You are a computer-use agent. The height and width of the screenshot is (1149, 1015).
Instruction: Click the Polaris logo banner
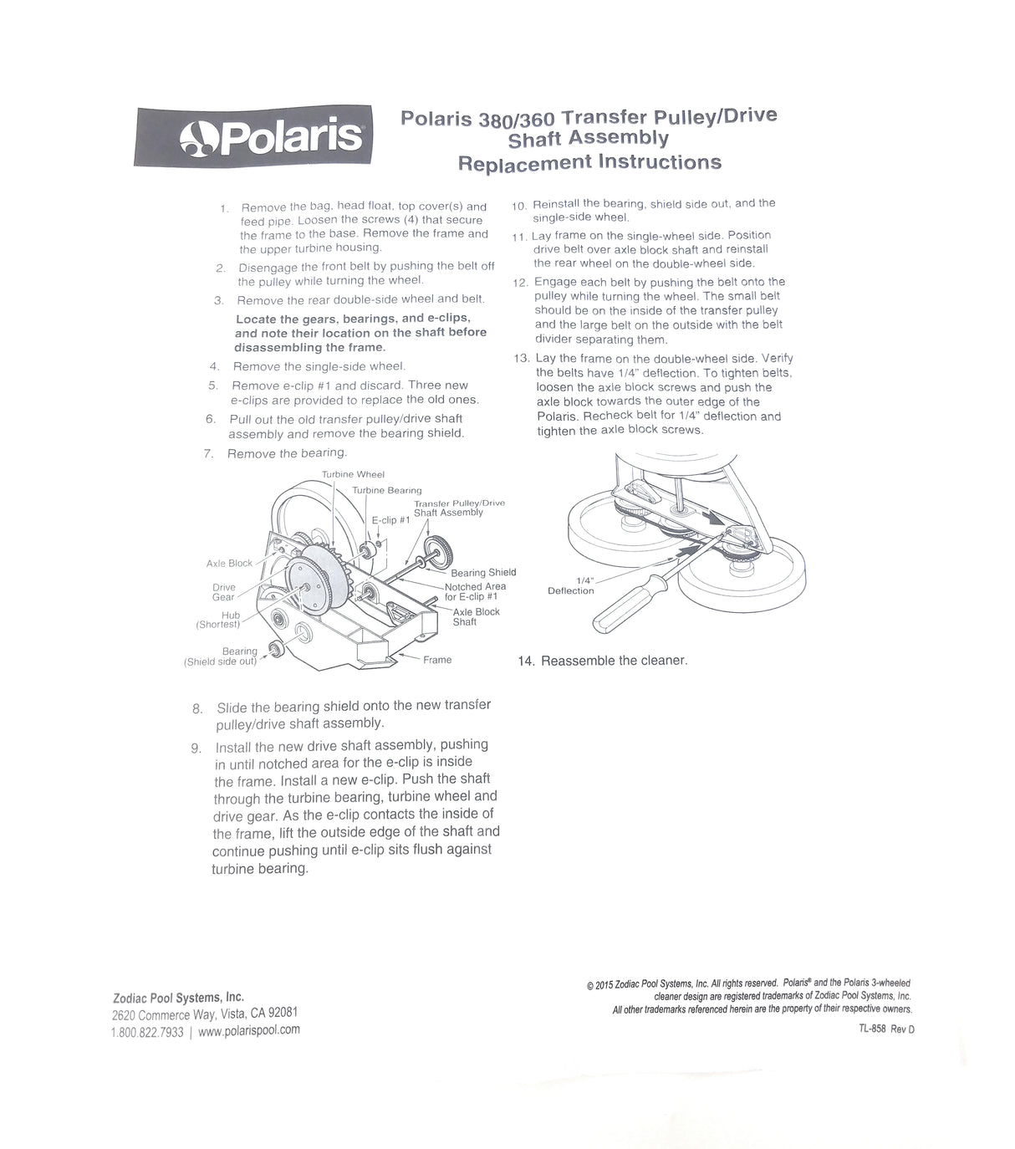click(253, 136)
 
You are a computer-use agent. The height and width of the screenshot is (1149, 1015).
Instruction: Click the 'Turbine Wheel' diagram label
click(353, 474)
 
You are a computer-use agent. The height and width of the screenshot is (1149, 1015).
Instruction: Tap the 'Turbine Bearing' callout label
click(386, 490)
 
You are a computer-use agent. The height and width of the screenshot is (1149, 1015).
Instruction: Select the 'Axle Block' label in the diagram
click(229, 563)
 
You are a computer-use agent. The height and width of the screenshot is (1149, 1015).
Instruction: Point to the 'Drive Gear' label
click(223, 592)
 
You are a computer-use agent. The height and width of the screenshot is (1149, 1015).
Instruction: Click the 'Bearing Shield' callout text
click(483, 572)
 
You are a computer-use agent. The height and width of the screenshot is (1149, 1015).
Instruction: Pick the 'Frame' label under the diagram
click(436, 660)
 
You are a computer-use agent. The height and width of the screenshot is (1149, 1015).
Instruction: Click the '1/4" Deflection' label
click(571, 585)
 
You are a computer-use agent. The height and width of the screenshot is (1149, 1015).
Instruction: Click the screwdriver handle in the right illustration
click(632, 605)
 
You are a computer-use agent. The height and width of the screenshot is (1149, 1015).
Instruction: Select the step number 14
click(526, 661)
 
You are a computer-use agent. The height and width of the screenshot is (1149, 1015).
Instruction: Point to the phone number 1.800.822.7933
click(147, 1032)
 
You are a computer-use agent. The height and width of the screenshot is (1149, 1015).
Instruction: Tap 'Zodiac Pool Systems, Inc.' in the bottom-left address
click(178, 997)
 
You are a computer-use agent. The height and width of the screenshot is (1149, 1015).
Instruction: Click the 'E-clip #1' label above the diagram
click(390, 519)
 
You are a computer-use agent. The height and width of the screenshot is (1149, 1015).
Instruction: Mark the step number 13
click(521, 359)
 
